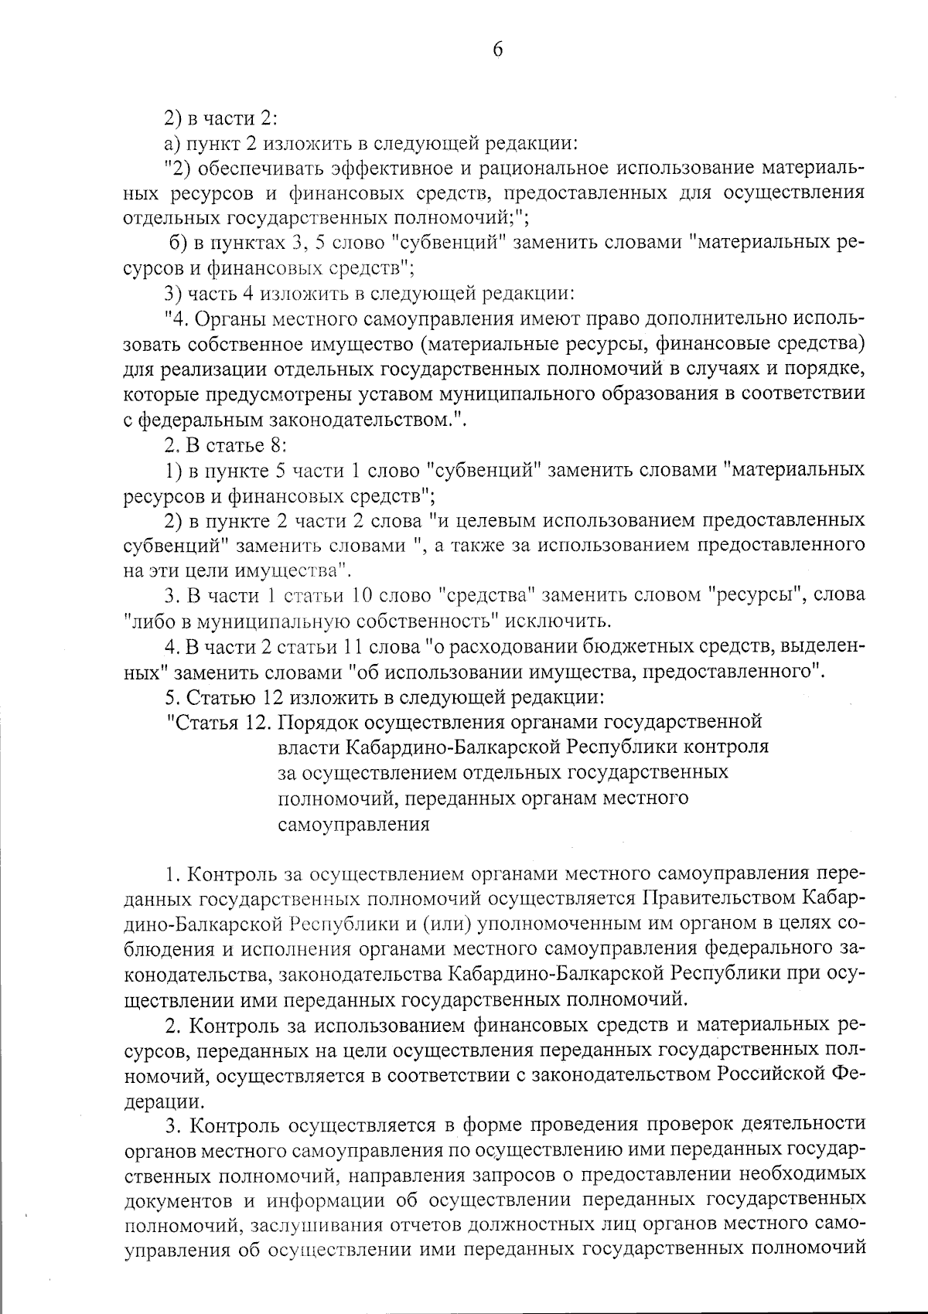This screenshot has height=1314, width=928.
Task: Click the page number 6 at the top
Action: pyautogui.click(x=497, y=50)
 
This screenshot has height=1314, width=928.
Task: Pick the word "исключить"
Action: pyautogui.click(x=559, y=621)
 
